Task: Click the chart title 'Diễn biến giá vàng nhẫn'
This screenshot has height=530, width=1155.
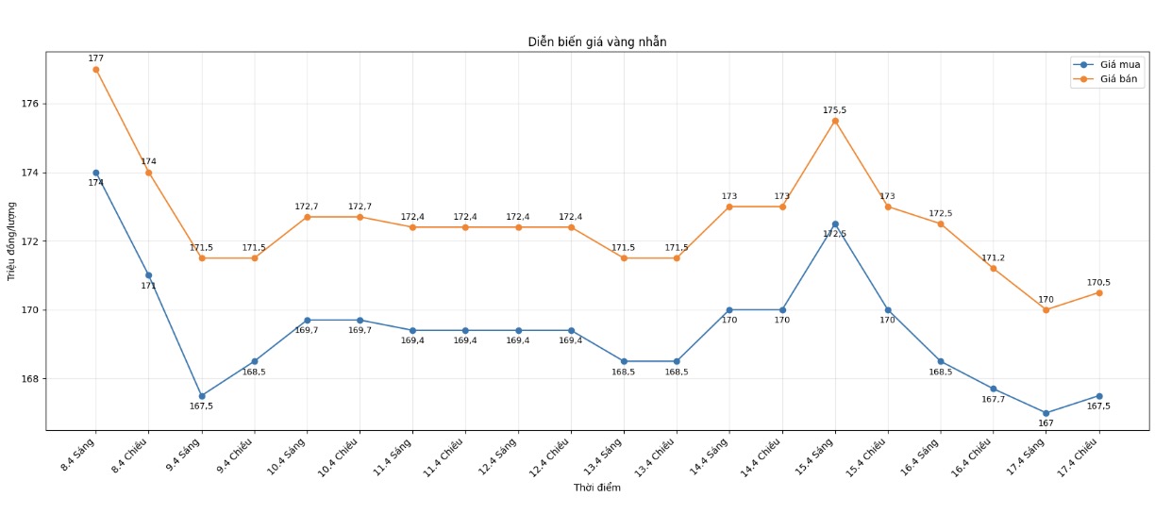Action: (x=596, y=42)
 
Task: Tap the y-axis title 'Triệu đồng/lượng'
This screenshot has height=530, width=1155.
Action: (x=11, y=240)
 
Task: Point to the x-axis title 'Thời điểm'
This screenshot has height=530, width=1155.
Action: (x=596, y=488)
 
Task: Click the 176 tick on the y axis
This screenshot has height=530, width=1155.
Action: (x=29, y=104)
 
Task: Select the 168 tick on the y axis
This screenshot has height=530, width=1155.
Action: (x=29, y=379)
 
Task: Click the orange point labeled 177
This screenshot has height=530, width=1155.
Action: (x=96, y=70)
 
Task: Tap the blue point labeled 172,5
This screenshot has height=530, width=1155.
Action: (x=835, y=224)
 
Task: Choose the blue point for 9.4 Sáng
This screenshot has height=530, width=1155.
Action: (x=202, y=396)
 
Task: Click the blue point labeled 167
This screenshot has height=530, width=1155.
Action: (x=1046, y=413)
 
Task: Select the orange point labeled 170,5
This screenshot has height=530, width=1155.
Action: (x=1098, y=292)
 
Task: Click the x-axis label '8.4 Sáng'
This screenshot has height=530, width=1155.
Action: (x=79, y=455)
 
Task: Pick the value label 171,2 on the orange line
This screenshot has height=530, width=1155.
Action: (x=993, y=258)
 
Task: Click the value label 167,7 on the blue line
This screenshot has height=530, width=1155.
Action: (x=993, y=400)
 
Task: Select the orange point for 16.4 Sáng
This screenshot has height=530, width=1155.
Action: (x=941, y=224)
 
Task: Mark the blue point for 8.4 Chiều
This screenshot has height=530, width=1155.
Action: (x=149, y=275)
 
